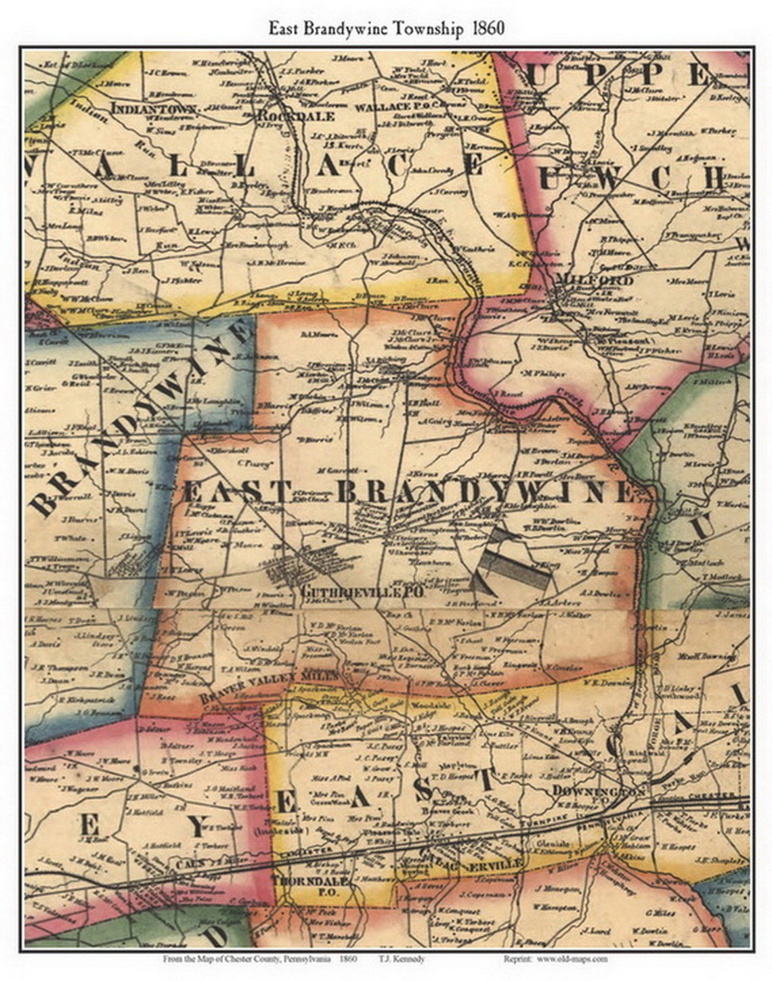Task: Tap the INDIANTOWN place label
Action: [154, 108]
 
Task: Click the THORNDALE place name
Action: [310, 881]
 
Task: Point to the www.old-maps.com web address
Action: [574, 959]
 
